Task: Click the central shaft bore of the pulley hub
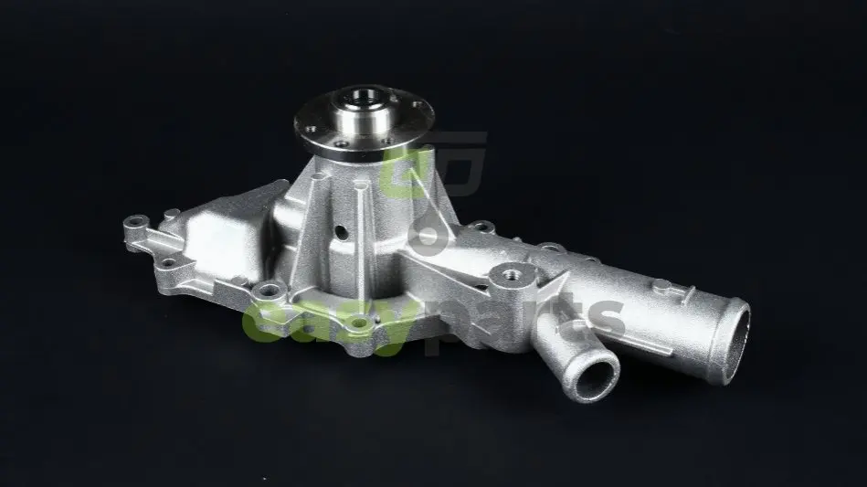point(363,100)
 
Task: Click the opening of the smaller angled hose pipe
point(596,380)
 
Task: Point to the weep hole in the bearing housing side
point(342,232)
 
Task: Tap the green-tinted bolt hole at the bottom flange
point(359,323)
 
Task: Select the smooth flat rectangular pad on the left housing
point(224,238)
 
